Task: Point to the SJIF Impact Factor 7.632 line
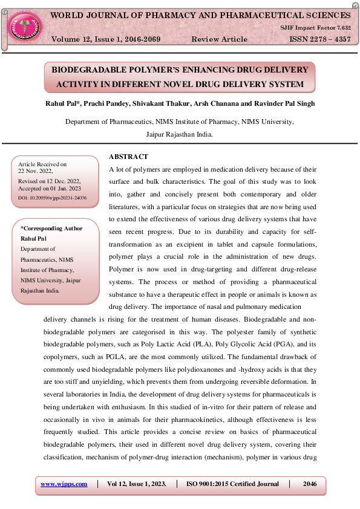(x=315, y=28)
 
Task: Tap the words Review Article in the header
(x=219, y=39)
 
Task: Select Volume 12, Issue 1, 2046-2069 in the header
(x=106, y=39)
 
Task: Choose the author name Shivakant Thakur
(x=171, y=104)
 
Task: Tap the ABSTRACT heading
(x=128, y=157)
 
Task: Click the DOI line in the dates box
(x=53, y=198)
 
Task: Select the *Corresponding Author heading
(x=51, y=229)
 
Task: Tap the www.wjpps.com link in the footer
(x=64, y=484)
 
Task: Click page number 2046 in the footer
(x=310, y=484)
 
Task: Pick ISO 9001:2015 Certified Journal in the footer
(x=233, y=484)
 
